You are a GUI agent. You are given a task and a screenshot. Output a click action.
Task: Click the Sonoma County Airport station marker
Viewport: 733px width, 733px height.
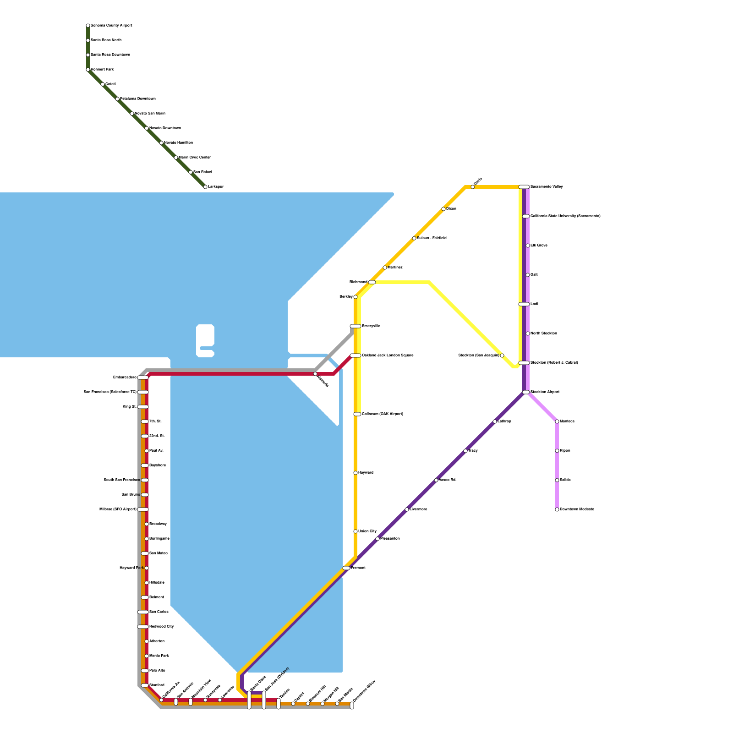88,26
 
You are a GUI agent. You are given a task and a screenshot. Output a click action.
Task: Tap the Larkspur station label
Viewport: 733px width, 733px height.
216,187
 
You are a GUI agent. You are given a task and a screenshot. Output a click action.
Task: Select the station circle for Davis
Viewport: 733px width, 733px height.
473,187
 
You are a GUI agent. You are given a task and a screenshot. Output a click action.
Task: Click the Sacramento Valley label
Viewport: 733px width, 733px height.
547,187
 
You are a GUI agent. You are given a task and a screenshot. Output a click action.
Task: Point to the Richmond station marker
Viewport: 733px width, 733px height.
372,282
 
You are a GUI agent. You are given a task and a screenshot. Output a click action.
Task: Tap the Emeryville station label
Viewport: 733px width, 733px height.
371,326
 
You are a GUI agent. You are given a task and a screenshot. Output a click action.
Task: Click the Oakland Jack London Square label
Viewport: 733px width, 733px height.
388,356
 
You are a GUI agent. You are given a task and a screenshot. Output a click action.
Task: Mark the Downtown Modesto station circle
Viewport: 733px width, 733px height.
557,509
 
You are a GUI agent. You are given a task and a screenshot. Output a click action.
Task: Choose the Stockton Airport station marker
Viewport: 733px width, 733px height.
526,392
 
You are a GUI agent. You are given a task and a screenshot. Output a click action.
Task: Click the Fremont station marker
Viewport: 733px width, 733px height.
346,568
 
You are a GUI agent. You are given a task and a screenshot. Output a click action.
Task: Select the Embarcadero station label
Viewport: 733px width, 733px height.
125,377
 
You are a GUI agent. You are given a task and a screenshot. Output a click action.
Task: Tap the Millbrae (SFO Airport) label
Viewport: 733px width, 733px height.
118,509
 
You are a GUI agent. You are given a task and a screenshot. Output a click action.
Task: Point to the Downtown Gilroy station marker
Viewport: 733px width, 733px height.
352,706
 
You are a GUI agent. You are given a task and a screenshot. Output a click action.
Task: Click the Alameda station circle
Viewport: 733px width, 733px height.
315,374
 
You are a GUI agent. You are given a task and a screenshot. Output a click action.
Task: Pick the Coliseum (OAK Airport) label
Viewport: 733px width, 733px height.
383,414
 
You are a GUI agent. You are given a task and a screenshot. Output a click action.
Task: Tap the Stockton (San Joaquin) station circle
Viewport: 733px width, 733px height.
502,356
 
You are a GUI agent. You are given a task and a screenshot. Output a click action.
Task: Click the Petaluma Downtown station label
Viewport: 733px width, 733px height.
138,99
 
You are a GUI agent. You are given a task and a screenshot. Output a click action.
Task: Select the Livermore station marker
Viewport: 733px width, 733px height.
407,509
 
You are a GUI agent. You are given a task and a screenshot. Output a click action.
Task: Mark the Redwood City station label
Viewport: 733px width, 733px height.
162,627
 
